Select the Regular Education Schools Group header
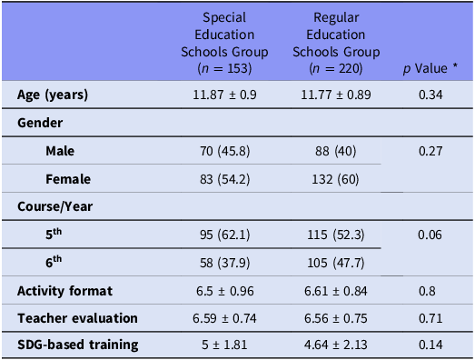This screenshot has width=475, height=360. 335,42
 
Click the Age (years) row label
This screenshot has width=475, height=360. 54,95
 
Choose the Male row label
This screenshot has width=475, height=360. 61,150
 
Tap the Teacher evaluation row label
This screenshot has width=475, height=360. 77,317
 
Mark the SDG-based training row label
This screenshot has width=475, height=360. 78,345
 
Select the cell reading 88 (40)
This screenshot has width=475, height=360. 336,150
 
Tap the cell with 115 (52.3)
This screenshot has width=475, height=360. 336,235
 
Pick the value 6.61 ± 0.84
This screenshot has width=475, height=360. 336,290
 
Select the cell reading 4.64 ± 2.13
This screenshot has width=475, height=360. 336,345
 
